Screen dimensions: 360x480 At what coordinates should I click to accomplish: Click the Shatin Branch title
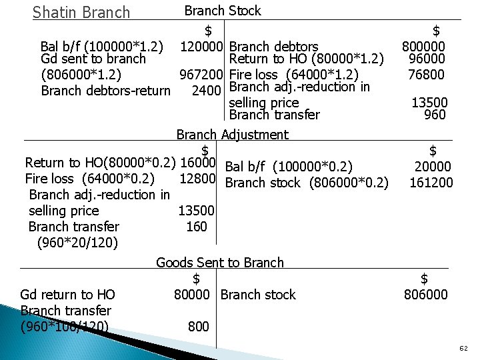click(81, 12)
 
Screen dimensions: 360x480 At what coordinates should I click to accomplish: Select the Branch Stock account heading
click(222, 11)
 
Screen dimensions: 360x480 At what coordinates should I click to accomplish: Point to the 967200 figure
click(200, 75)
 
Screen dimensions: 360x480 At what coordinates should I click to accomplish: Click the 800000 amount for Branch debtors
click(423, 47)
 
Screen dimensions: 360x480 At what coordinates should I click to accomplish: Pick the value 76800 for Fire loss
click(427, 74)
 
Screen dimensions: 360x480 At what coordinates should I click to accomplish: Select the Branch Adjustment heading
click(232, 135)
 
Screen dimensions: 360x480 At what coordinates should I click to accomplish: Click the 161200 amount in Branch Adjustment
click(431, 182)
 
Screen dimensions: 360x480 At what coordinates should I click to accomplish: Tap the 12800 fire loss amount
click(197, 178)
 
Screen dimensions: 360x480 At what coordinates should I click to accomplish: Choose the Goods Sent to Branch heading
click(220, 263)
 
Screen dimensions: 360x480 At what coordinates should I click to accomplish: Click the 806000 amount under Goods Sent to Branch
click(426, 294)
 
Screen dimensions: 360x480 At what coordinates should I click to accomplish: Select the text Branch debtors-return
click(105, 90)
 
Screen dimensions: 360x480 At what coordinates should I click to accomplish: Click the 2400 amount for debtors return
click(207, 90)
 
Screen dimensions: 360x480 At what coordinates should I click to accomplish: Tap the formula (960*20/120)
click(78, 242)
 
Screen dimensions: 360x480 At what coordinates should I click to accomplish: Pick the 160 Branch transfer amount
click(196, 227)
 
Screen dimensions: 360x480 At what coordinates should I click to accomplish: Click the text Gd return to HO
click(67, 294)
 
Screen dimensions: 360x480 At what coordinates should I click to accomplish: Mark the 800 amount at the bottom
click(198, 326)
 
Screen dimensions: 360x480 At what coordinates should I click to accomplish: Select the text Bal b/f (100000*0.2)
click(289, 167)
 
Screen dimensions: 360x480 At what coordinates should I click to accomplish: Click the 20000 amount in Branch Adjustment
click(432, 167)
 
